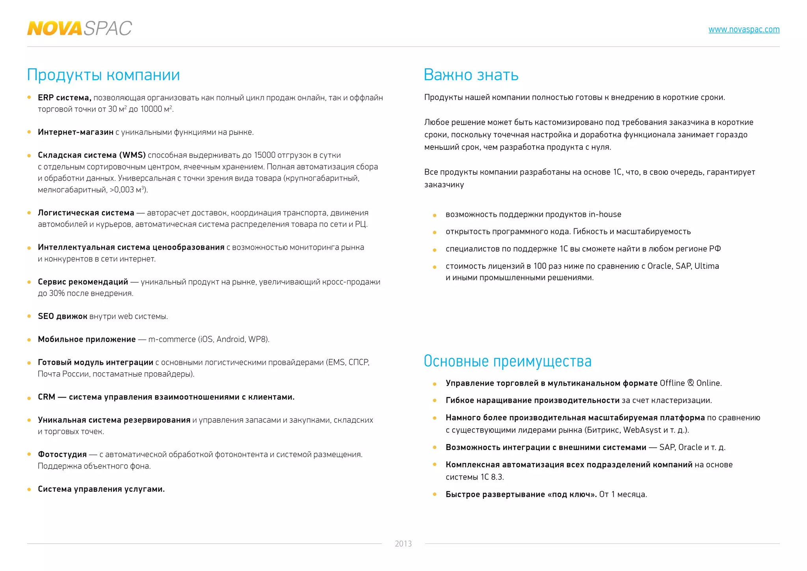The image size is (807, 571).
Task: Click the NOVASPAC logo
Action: coord(79,28)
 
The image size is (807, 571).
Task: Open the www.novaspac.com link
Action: coord(744,30)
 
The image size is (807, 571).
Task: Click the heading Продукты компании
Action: coord(103,75)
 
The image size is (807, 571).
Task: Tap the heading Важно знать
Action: coord(471,75)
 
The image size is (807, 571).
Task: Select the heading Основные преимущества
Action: coord(508,361)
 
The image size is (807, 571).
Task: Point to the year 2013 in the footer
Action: coord(403,544)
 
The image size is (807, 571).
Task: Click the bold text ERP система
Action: coord(64,98)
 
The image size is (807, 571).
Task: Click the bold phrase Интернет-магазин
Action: coord(75,132)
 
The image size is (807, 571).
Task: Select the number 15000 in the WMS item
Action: coord(264,155)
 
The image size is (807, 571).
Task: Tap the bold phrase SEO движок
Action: coord(62,316)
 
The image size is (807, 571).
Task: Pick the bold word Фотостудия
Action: coord(62,454)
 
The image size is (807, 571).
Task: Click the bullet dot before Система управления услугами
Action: coord(29,489)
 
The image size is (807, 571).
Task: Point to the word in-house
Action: coord(605,214)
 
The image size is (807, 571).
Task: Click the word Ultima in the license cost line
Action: coord(707,266)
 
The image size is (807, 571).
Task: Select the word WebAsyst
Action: coord(642,430)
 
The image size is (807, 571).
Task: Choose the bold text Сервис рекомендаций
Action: coord(83,282)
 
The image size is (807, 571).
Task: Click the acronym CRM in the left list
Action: coord(46,397)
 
